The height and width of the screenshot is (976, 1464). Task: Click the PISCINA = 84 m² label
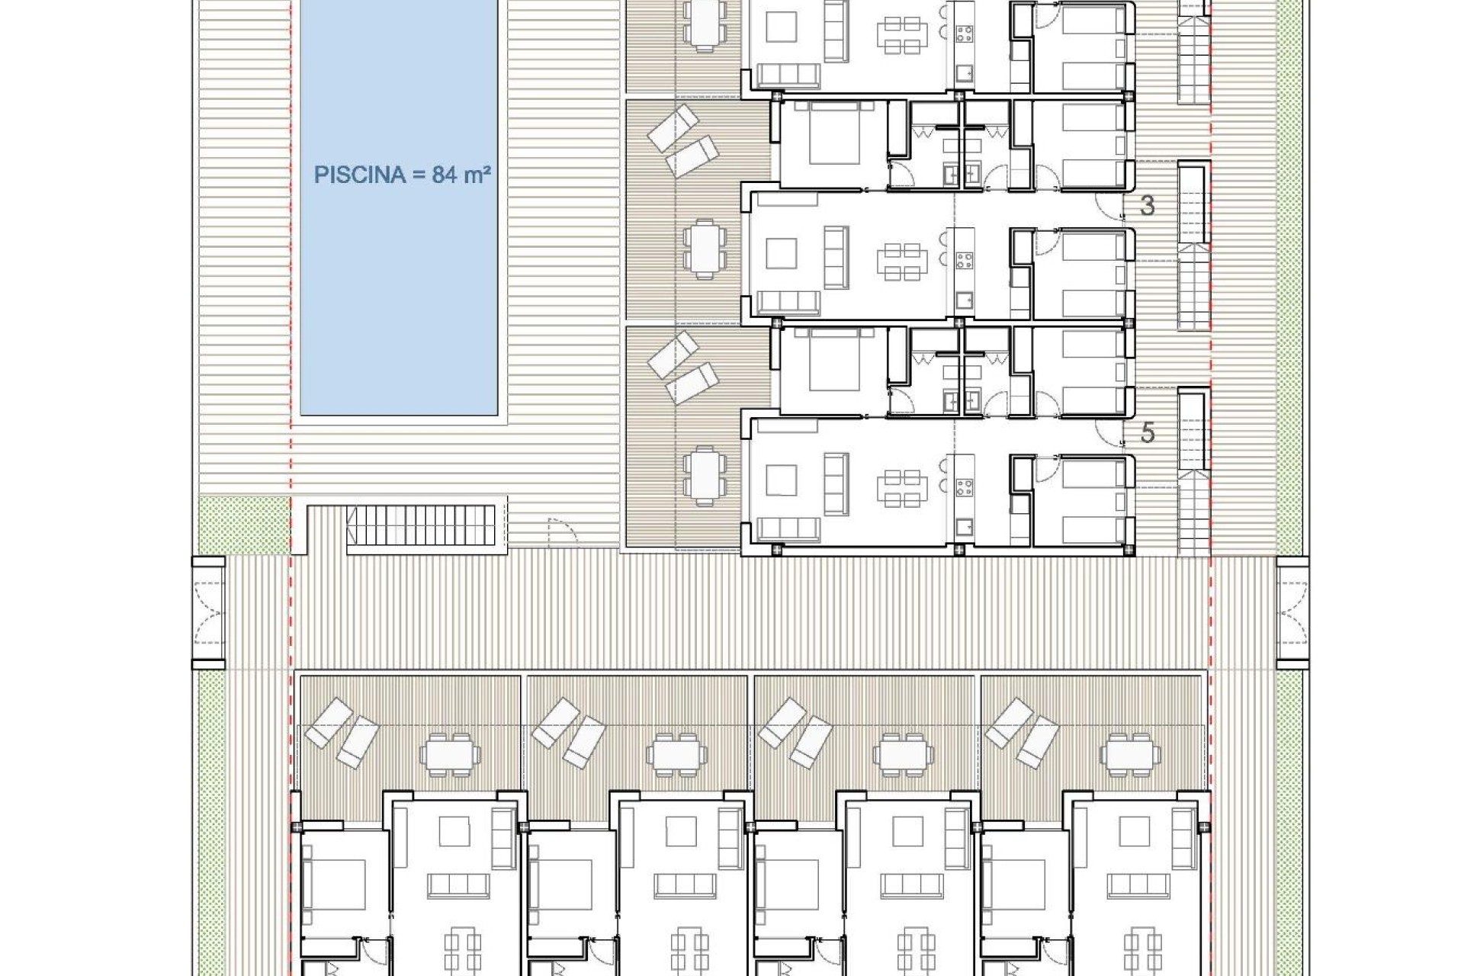[x=402, y=175]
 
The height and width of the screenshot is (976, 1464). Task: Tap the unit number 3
[x=1147, y=205]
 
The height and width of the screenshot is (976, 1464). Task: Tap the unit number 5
[x=1147, y=433]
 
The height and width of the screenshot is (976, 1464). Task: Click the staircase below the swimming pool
[x=421, y=525]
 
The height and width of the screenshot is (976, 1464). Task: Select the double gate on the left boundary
[x=209, y=612]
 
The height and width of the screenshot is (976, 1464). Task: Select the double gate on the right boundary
[x=1292, y=612]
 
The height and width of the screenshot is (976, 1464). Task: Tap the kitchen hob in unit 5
[x=965, y=487]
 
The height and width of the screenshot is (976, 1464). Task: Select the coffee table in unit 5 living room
[x=781, y=480]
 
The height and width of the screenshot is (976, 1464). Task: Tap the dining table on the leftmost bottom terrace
[x=450, y=755]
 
